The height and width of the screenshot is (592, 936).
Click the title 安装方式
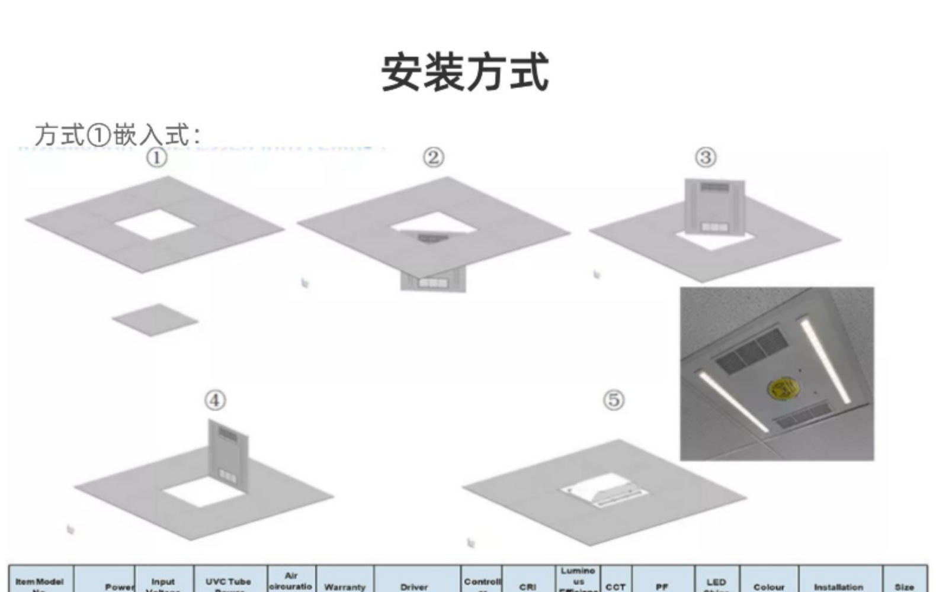[465, 73]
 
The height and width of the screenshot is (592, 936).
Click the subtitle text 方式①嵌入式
[117, 135]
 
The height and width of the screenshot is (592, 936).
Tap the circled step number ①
[156, 157]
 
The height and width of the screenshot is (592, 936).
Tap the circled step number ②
[433, 157]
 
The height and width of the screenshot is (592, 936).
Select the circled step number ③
[706, 157]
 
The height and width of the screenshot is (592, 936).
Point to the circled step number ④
[215, 400]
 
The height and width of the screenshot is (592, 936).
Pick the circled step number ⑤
[614, 400]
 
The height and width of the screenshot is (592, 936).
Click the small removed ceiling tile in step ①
[155, 320]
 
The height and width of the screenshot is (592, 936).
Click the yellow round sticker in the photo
[783, 388]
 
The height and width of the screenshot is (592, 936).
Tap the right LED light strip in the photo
[826, 360]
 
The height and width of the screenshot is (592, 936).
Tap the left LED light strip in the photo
[732, 400]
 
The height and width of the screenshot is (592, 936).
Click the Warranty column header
[345, 586]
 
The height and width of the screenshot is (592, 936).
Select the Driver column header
[414, 586]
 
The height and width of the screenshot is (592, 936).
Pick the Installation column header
[838, 586]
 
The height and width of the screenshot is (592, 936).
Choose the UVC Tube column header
[229, 583]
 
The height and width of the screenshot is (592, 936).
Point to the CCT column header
[616, 586]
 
